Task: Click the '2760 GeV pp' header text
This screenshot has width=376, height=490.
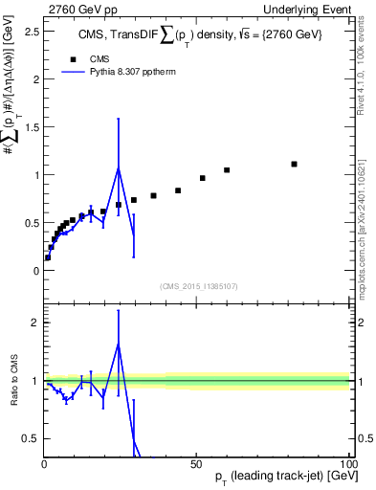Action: [79, 9]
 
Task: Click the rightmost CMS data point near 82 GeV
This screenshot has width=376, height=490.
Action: [295, 164]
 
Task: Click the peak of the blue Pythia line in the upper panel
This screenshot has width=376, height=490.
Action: [118, 168]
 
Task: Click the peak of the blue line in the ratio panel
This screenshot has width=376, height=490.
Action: [118, 343]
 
